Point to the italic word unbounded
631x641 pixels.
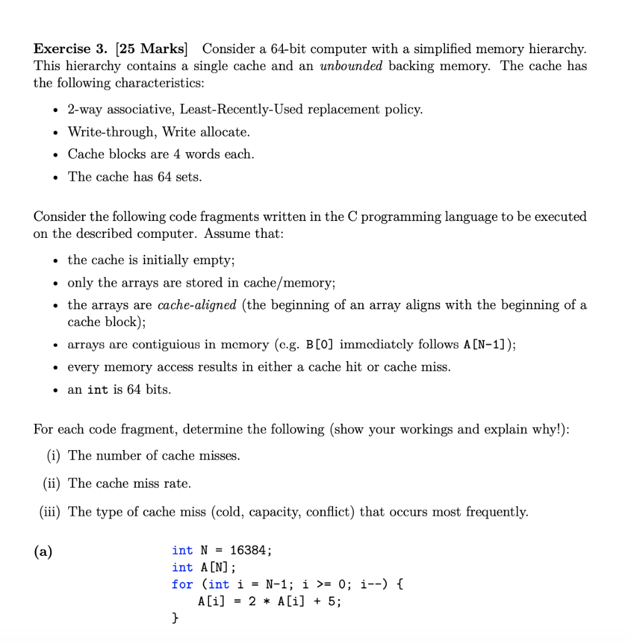351,66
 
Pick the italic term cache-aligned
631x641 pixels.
197,305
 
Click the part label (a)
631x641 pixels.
43,551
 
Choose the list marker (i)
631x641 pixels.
54,456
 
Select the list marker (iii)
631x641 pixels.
50,512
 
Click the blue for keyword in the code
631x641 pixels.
182,584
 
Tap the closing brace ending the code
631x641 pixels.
175,618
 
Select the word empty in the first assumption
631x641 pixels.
212,260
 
